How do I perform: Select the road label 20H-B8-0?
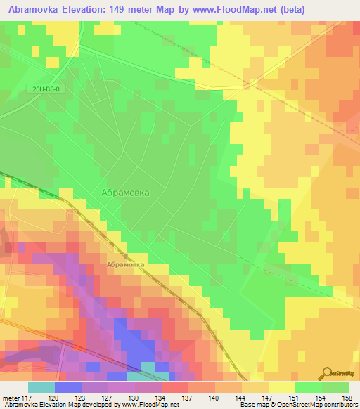tap(47, 89)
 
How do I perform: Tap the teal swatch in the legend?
tap(41, 387)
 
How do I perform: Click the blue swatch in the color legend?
tap(67, 387)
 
